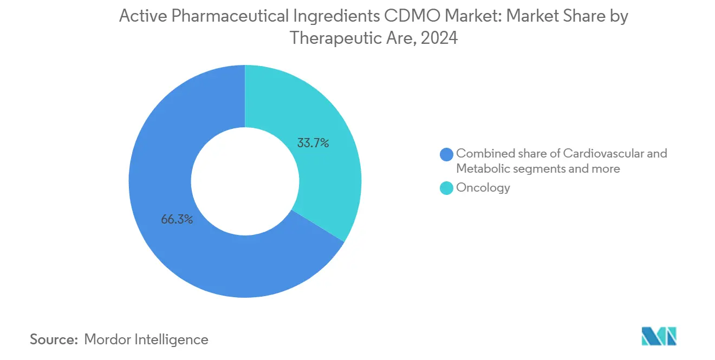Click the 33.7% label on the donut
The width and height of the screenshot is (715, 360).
313,143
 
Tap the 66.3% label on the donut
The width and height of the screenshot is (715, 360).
177,220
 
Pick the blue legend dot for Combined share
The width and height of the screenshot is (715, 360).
447,154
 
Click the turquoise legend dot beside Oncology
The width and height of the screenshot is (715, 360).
447,188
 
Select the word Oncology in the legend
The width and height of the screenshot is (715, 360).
483,188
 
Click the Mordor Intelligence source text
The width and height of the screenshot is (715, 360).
146,339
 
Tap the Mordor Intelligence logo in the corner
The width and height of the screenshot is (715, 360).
659,337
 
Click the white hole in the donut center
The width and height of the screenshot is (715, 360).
245,181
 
